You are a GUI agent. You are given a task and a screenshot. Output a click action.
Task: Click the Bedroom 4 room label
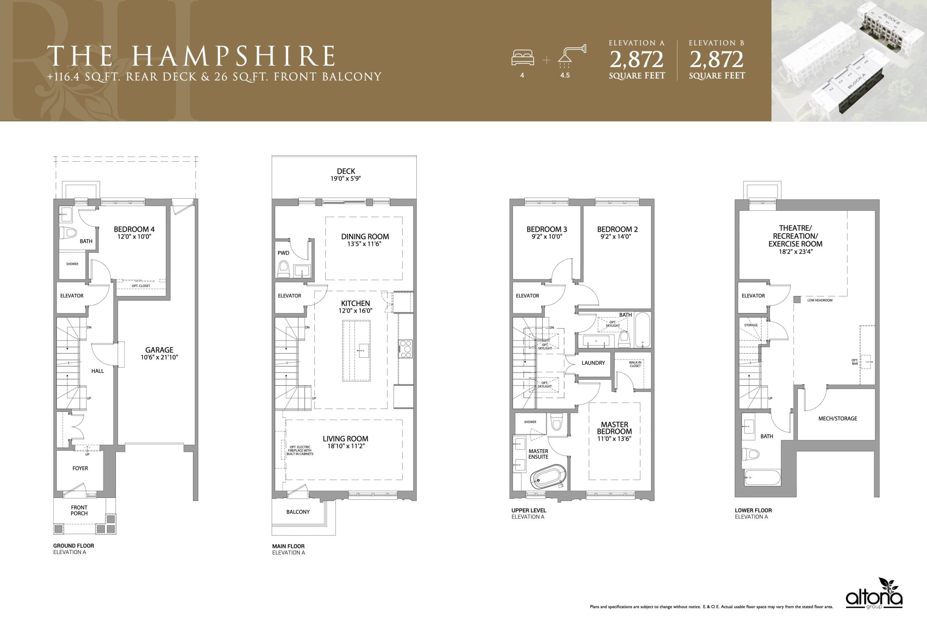click(134, 229)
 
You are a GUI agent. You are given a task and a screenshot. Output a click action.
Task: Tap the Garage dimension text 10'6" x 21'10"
click(159, 357)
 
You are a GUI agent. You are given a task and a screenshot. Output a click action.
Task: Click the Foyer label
click(80, 468)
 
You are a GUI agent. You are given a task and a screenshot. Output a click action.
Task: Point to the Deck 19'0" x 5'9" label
click(346, 175)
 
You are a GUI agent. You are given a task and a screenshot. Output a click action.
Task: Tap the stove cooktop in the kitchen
click(406, 349)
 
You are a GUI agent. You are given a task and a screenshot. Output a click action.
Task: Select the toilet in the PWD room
click(284, 269)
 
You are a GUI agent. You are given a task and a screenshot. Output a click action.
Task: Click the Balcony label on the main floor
click(298, 512)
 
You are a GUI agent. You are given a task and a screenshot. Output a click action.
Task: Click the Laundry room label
click(593, 363)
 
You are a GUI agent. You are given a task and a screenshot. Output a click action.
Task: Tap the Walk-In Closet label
click(635, 364)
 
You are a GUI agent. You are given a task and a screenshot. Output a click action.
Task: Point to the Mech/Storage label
click(838, 418)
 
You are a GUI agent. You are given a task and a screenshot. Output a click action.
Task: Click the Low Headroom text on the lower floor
click(820, 300)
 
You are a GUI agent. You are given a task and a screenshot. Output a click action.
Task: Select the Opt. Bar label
click(855, 362)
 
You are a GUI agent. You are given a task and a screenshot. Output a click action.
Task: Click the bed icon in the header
click(523, 58)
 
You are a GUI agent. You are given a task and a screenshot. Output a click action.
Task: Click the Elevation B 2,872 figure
click(716, 60)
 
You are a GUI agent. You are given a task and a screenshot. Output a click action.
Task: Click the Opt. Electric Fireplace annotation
click(300, 450)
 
